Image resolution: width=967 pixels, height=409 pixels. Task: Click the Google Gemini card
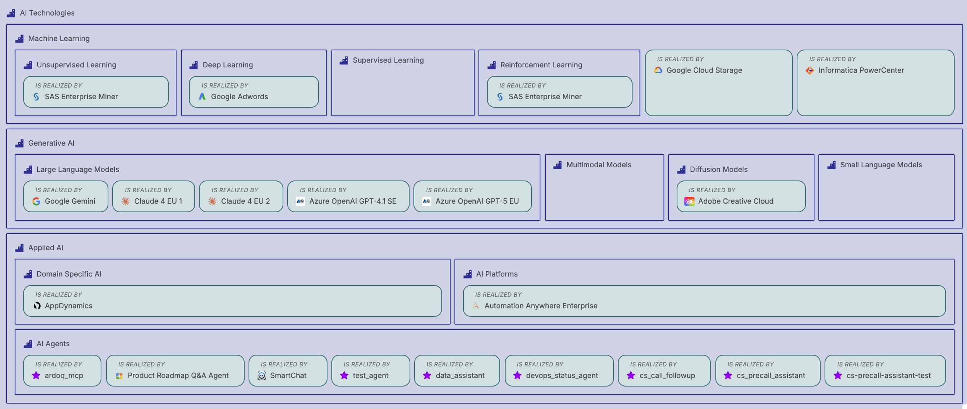pyautogui.click(x=65, y=196)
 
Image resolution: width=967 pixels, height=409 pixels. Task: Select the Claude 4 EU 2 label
pyautogui.click(x=245, y=201)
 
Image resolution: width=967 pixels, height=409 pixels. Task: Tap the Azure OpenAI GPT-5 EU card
pyautogui.click(x=472, y=196)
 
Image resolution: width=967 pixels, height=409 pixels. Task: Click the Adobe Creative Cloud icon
pyautogui.click(x=689, y=201)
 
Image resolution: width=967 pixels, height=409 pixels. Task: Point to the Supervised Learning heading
pyautogui.click(x=388, y=60)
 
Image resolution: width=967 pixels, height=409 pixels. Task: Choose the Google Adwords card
pyautogui.click(x=254, y=92)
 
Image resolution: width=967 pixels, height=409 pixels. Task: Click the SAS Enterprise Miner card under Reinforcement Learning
pyautogui.click(x=559, y=92)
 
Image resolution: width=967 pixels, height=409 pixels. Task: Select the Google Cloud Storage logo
pyautogui.click(x=658, y=70)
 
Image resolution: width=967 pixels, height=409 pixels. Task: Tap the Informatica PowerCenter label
pyautogui.click(x=861, y=70)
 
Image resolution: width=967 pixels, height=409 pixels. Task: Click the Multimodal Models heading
pyautogui.click(x=598, y=165)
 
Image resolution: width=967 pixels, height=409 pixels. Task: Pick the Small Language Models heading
pyautogui.click(x=881, y=165)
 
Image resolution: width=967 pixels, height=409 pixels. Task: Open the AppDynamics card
pyautogui.click(x=232, y=301)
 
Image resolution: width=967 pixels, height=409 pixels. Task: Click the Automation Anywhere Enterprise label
pyautogui.click(x=540, y=306)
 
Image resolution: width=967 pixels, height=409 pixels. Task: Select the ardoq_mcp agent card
pyautogui.click(x=62, y=371)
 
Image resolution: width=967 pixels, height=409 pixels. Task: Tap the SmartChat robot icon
pyautogui.click(x=262, y=376)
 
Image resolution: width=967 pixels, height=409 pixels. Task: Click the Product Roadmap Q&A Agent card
pyautogui.click(x=175, y=371)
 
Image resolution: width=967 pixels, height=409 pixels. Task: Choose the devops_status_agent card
pyautogui.click(x=559, y=371)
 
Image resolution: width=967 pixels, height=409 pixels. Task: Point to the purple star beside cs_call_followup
pyautogui.click(x=631, y=376)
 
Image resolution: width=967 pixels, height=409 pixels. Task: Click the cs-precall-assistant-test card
pyautogui.click(x=885, y=371)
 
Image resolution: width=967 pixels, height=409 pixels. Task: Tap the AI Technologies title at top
pyautogui.click(x=47, y=13)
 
